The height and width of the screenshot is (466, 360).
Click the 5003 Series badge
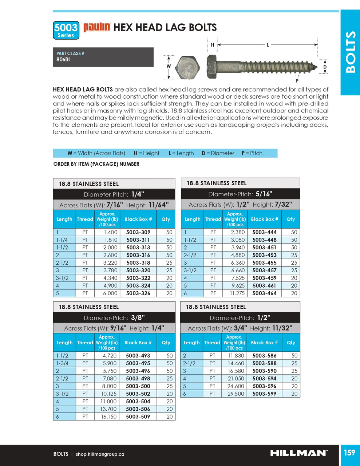point(66,30)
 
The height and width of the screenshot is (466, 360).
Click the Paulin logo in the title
point(97,27)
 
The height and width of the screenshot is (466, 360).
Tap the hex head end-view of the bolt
point(187,67)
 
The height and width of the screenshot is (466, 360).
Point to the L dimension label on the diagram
point(268,45)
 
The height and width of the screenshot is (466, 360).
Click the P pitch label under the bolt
point(297,81)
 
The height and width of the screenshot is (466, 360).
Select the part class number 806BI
point(63,60)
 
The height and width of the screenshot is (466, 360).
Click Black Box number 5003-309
point(138,232)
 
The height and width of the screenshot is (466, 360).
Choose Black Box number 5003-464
point(265,293)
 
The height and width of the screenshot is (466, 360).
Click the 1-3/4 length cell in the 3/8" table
point(62,363)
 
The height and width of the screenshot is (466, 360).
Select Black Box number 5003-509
point(138,417)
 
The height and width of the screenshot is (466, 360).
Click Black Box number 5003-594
point(264,379)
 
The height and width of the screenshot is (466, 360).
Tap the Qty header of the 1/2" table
point(291,343)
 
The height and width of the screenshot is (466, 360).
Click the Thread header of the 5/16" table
point(213,219)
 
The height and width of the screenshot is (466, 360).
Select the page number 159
point(349,453)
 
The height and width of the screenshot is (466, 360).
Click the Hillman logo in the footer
point(298,453)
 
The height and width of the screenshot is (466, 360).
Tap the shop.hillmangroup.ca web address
point(100,454)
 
